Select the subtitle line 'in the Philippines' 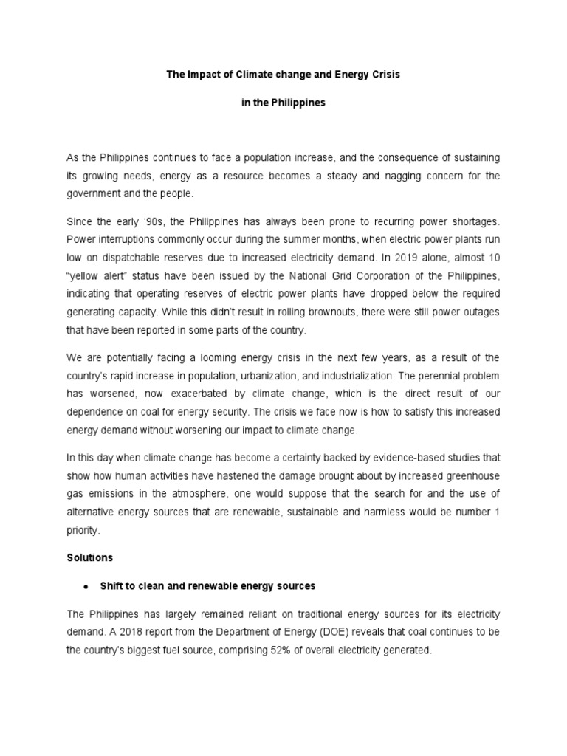point(283,103)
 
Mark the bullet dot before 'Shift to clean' point(86,587)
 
